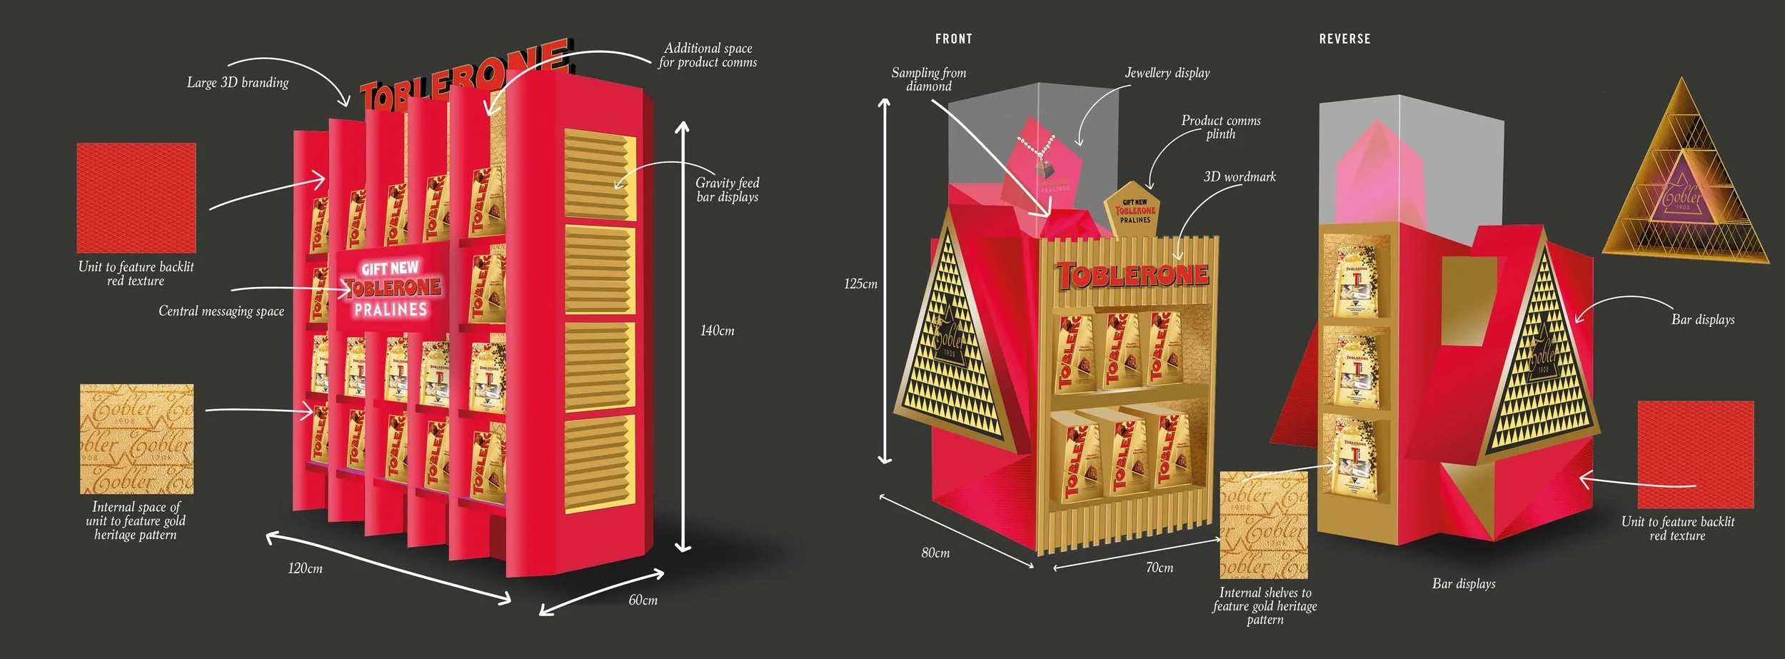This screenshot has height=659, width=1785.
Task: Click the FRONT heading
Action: [x=953, y=39]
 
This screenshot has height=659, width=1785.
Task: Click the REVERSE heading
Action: [x=1344, y=39]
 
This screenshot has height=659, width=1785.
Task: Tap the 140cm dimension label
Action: [x=717, y=331]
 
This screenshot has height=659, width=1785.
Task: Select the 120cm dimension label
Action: [x=305, y=568]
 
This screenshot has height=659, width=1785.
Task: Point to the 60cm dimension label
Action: [x=643, y=600]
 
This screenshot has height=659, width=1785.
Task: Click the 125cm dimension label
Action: [x=860, y=283]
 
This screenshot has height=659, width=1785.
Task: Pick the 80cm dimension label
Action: [x=935, y=553]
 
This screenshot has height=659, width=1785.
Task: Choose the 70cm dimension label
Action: [x=1160, y=568]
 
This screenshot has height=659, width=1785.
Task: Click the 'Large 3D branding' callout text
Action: [x=238, y=82]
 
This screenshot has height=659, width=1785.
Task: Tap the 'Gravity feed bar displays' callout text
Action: [x=727, y=189]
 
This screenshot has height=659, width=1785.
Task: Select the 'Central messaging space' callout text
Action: [x=221, y=311]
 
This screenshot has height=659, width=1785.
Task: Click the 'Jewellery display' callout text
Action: [x=1167, y=73]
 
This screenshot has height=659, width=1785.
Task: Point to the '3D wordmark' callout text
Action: [x=1240, y=176]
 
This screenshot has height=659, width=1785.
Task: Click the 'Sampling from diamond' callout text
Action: [x=928, y=79]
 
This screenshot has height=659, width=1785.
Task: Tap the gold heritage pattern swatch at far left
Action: [x=136, y=439]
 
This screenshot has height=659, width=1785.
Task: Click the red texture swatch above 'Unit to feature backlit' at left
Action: [x=136, y=198]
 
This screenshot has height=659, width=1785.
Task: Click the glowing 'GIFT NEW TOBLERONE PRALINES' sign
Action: [x=391, y=288]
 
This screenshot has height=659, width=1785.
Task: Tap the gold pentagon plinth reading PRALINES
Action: [x=1135, y=209]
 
